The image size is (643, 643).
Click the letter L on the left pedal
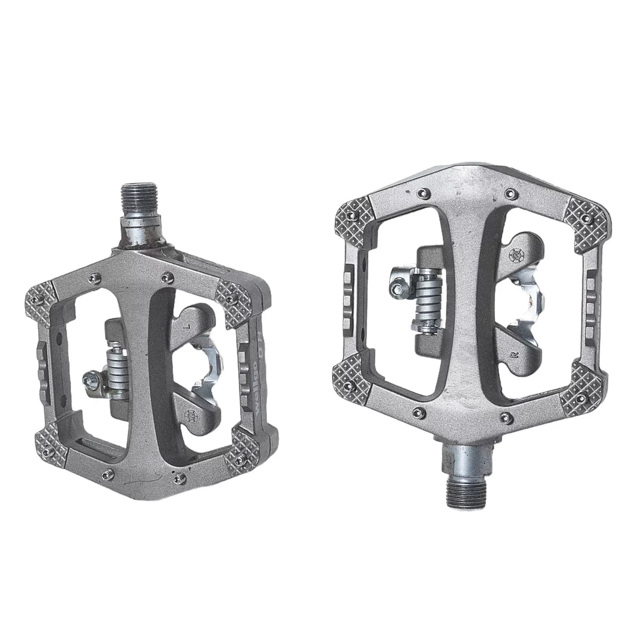[x=188, y=326]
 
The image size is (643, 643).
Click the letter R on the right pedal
[x=514, y=355]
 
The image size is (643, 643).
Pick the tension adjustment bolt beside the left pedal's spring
[x=90, y=379]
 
